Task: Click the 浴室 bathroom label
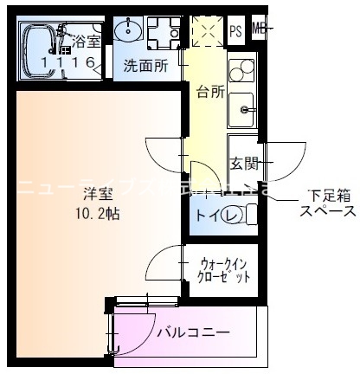[x=86, y=41]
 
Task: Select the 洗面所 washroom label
[x=144, y=65]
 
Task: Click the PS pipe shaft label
[x=235, y=32]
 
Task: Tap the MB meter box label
[x=258, y=29]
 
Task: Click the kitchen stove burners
[x=241, y=67]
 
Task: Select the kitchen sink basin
[x=242, y=108]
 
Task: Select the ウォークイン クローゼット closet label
[x=223, y=270]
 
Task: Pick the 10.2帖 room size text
[x=94, y=214]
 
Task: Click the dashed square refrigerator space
[x=207, y=32]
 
